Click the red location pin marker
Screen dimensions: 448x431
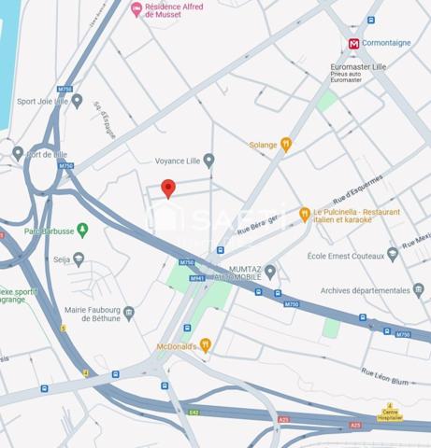[168, 188]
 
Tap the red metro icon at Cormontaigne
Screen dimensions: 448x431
[353, 44]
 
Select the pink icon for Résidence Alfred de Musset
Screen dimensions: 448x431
[137, 9]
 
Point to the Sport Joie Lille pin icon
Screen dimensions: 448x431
[78, 102]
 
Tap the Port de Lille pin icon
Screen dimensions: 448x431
[18, 153]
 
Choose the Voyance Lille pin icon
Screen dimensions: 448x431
[208, 161]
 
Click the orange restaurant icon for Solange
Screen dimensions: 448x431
[286, 145]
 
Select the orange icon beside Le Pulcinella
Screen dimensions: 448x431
[305, 215]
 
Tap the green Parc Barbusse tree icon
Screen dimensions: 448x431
[82, 230]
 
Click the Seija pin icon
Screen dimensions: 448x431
[79, 259]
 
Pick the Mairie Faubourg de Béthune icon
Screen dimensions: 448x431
[129, 314]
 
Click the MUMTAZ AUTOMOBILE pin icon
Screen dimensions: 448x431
[270, 272]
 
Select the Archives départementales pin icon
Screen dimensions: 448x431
[418, 290]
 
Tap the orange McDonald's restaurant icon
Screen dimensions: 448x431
[206, 344]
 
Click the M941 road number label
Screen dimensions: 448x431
[196, 278]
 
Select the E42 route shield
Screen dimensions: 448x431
[194, 412]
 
